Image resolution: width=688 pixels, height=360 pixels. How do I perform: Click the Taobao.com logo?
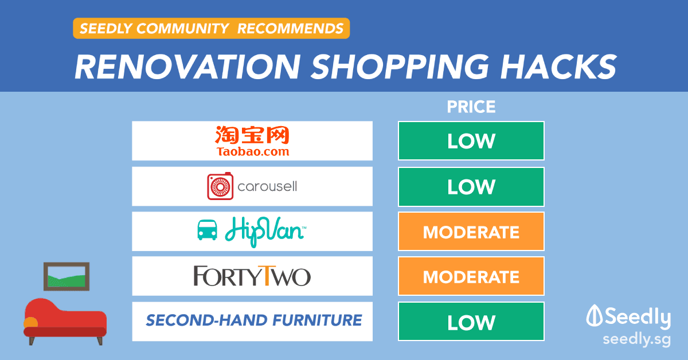252,141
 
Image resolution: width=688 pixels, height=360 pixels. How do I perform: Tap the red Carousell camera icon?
220,186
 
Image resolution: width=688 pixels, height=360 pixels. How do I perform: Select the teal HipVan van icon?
207,230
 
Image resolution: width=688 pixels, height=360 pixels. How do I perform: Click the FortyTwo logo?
252,276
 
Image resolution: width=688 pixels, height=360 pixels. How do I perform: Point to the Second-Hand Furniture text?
253,320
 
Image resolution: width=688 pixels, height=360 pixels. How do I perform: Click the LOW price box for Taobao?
471,140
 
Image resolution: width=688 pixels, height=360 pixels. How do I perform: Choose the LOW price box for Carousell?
471,187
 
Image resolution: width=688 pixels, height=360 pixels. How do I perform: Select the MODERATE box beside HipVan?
471,232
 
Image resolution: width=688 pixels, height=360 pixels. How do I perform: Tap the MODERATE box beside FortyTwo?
471,276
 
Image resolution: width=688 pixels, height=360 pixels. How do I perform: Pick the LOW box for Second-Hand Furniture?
471,322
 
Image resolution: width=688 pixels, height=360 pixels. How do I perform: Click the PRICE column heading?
471,107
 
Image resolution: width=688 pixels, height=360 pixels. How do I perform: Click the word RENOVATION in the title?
187,66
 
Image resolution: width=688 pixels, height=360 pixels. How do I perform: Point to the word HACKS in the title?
558,66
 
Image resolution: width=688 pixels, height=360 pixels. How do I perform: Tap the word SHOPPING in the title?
400,66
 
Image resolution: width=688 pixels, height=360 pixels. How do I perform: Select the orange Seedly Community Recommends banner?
212,28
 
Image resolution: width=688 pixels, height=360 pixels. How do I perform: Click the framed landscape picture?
67,276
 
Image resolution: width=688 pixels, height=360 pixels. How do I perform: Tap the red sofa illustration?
65,321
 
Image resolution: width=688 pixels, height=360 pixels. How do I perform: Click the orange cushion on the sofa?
30,322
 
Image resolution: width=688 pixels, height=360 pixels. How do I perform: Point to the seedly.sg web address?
636,340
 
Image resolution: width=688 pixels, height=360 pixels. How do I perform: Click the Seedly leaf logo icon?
595,316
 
